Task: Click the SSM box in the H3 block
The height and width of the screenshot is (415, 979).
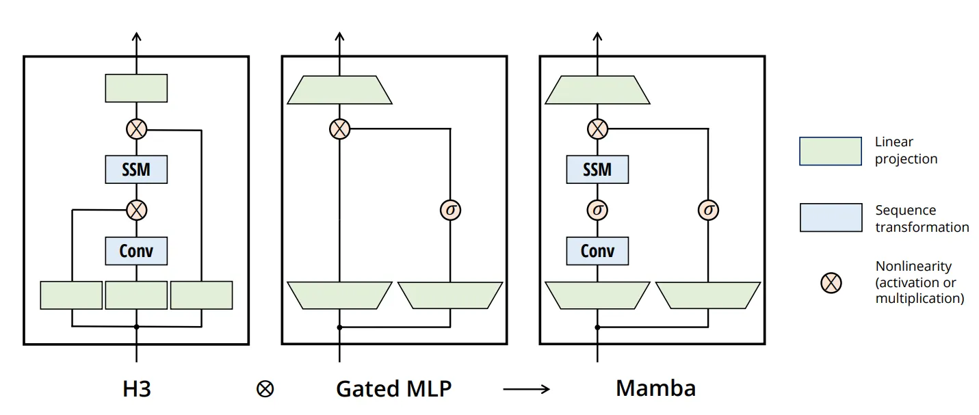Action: point(136,170)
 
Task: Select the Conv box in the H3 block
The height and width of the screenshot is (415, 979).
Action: point(136,251)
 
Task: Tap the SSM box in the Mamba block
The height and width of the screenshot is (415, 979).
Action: point(597,170)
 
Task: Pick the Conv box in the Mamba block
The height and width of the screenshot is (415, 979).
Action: point(597,251)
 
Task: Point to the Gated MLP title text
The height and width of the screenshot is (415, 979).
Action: point(393,389)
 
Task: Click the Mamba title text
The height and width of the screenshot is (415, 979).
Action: point(655,388)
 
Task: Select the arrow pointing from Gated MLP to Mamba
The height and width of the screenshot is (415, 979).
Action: point(526,389)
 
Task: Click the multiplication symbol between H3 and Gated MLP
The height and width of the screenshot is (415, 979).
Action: point(265,390)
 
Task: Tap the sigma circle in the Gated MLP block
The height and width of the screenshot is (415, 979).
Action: point(450,210)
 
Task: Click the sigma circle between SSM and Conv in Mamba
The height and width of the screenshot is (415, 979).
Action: point(597,210)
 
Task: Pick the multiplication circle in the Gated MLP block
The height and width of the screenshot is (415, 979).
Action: point(339,129)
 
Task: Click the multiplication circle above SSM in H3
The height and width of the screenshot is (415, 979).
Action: point(136,129)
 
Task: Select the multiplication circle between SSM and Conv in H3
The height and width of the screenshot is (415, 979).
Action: point(136,210)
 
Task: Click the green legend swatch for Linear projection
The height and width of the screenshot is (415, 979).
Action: point(831,151)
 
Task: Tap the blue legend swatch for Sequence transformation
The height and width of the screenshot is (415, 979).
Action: point(831,217)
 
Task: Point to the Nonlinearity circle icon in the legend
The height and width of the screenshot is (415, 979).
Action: point(831,282)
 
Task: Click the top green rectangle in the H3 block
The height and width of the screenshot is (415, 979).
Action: point(136,88)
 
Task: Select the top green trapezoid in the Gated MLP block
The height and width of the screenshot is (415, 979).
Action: point(339,90)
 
